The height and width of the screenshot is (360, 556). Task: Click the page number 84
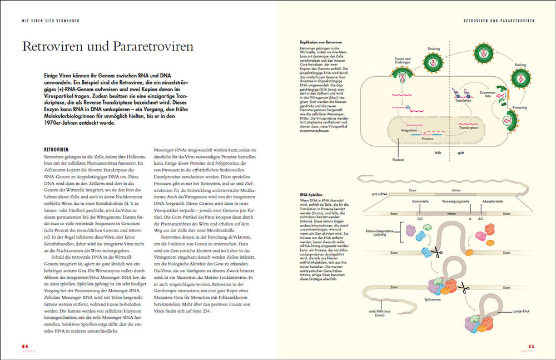pos(24,346)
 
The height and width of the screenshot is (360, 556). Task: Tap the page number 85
pos(531,346)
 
